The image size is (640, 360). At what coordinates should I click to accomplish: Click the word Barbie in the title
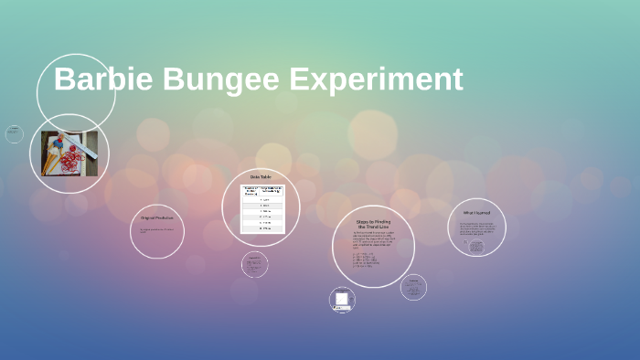103,79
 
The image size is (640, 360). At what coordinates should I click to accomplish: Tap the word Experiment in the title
376,79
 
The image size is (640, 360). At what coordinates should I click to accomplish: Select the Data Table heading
261,176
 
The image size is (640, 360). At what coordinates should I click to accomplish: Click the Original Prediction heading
157,217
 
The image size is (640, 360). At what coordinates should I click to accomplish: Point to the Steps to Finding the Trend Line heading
373,224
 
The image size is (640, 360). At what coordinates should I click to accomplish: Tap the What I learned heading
476,213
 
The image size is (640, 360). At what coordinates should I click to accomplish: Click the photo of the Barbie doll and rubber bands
69,154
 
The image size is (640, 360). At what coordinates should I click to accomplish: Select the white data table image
261,209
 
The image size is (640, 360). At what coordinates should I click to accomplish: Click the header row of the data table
261,190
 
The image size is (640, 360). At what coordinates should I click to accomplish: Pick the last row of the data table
261,228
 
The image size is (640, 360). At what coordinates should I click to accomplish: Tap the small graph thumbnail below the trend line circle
342,300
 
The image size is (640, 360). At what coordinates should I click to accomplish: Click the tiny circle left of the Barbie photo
14,134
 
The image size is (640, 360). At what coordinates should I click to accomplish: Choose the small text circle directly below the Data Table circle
255,264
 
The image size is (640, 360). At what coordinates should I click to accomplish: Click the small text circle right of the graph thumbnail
413,287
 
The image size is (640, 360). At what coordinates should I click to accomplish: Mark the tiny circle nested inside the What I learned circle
476,247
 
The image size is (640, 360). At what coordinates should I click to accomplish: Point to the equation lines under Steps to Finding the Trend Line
365,259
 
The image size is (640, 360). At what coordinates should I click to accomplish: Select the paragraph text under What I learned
476,228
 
